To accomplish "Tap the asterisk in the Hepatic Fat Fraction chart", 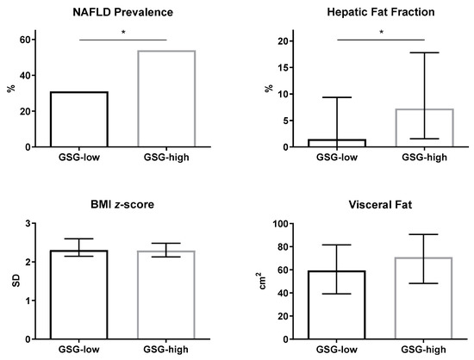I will [381, 33].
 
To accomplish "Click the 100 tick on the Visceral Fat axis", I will [285, 224].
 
